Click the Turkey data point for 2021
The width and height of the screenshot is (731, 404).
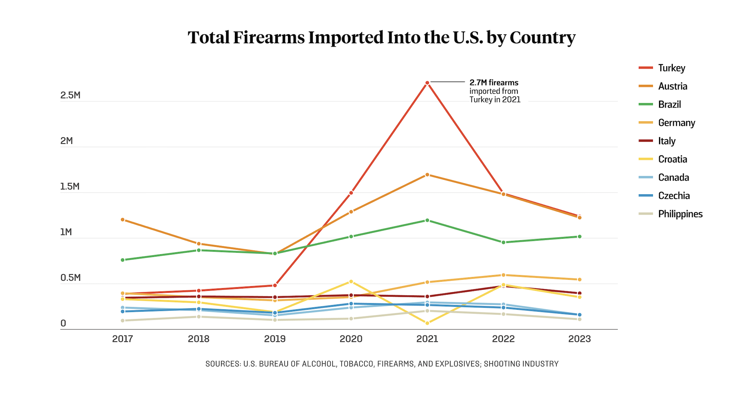coord(427,83)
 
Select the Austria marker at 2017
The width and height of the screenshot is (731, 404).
coord(123,220)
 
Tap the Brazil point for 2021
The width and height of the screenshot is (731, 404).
coord(427,220)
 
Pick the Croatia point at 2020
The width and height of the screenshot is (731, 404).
coord(351,282)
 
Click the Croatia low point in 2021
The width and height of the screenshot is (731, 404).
coord(427,323)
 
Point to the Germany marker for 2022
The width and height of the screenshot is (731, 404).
coord(503,275)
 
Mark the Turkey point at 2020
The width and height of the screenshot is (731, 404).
coord(351,193)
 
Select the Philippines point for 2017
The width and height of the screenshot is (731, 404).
coord(123,320)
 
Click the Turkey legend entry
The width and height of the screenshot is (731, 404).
coord(672,68)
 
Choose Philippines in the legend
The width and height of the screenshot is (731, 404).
coord(680,214)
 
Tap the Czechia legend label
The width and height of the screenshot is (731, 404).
coord(674,196)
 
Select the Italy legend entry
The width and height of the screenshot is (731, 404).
coord(667,141)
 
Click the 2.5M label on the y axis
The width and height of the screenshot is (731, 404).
coord(70,95)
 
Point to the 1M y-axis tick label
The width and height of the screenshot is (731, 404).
coord(66,232)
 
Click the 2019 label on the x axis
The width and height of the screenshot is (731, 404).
coord(275,339)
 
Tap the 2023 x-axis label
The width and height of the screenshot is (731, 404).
coord(579,339)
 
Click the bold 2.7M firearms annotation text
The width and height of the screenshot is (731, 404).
coord(494,82)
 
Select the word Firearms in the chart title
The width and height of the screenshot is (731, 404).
coord(269,38)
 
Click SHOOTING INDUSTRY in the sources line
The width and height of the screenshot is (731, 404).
coord(521,364)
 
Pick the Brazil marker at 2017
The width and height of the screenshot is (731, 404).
coord(123,260)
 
